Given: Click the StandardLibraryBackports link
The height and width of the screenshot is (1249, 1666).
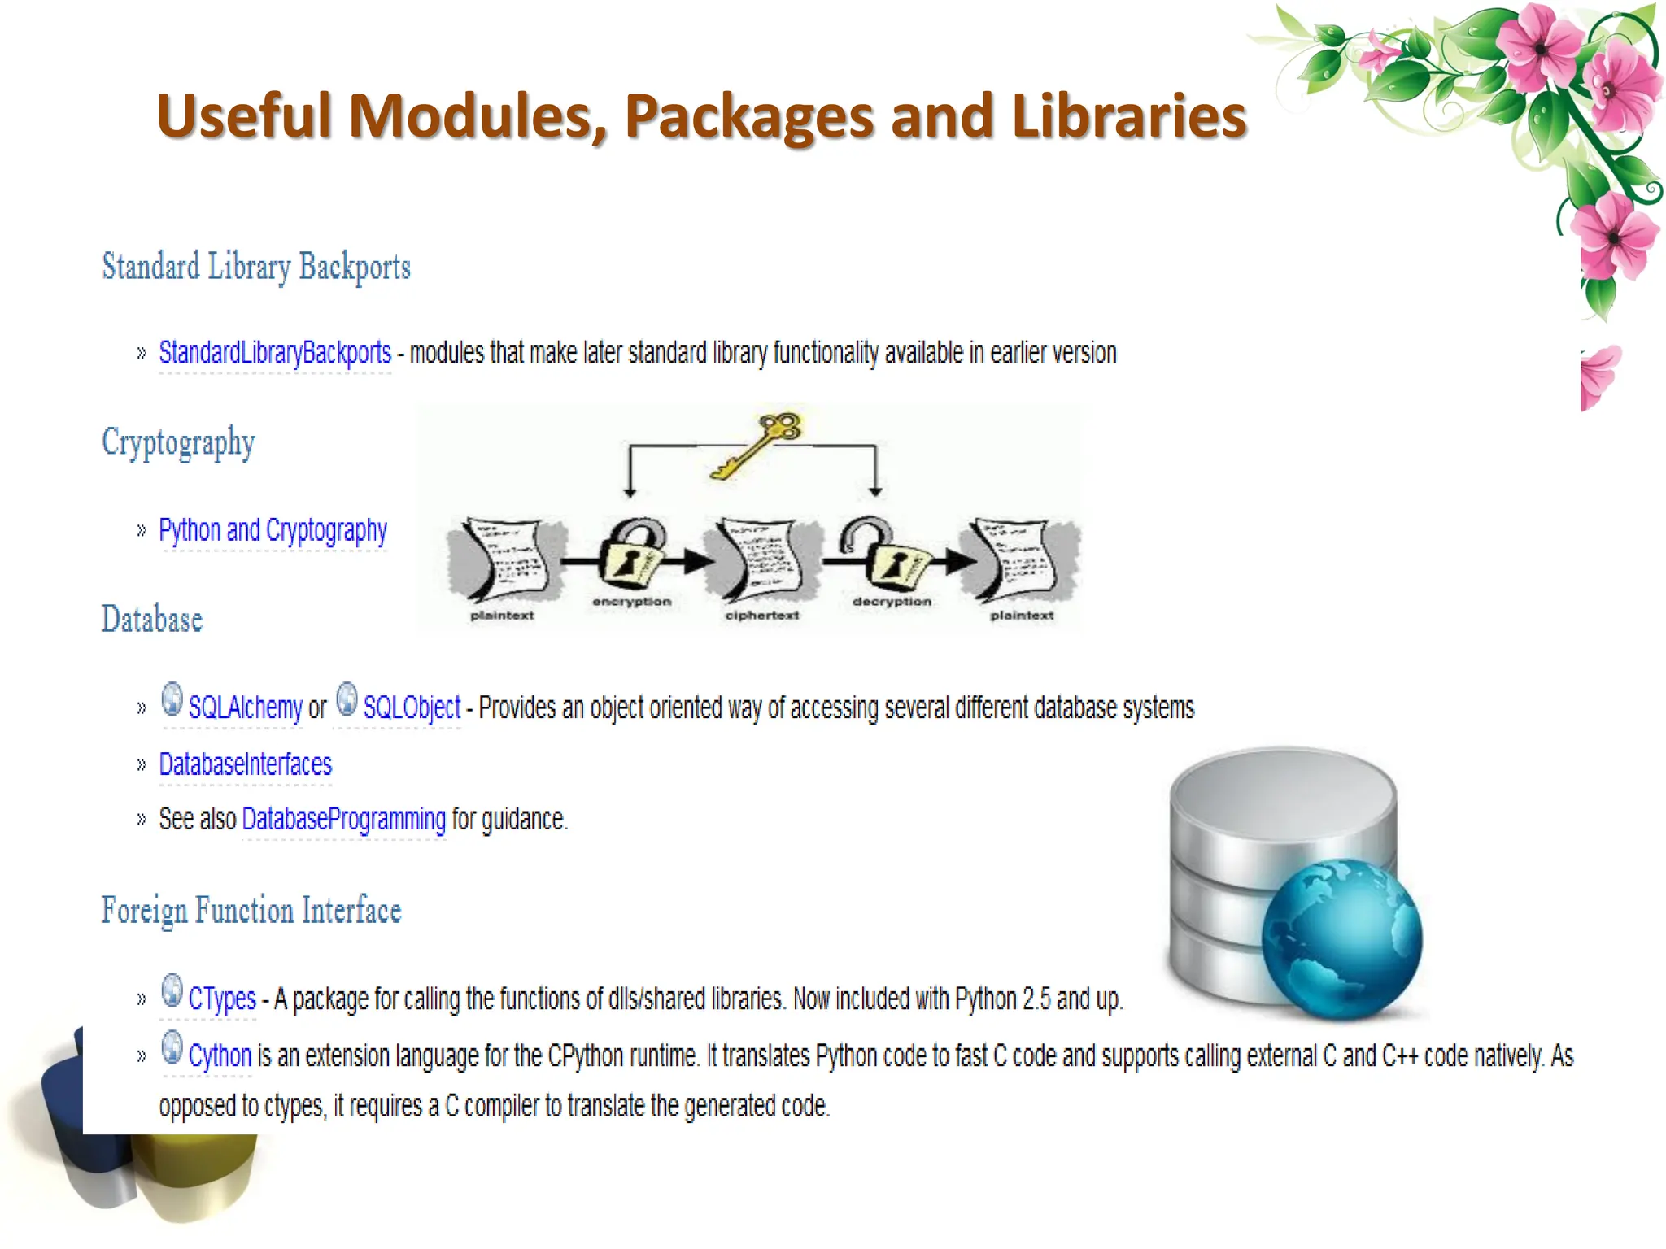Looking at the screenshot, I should [x=275, y=353].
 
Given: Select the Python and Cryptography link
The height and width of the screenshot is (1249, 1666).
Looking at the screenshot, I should [x=273, y=530].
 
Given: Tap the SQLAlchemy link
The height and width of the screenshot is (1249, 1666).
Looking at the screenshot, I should [x=245, y=707].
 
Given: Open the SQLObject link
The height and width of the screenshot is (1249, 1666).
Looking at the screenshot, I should [x=412, y=707].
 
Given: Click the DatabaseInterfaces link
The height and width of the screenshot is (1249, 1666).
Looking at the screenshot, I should [x=245, y=764].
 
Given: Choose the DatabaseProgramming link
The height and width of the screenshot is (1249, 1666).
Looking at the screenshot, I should [x=343, y=819].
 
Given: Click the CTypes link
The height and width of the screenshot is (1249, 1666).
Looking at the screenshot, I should [x=222, y=999].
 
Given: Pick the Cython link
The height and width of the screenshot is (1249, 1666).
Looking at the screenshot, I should [x=220, y=1055].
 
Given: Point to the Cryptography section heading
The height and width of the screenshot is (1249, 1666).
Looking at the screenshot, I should [x=178, y=443].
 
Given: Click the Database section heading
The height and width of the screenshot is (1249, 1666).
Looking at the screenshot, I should [x=152, y=620].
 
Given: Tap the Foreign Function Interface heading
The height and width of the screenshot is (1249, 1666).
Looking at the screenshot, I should [x=251, y=911].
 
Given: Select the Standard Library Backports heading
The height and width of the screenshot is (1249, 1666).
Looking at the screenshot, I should [x=256, y=268].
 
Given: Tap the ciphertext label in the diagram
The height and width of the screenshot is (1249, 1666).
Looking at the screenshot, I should [x=762, y=616].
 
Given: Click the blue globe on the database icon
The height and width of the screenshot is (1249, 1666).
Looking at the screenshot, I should [x=1341, y=939].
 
